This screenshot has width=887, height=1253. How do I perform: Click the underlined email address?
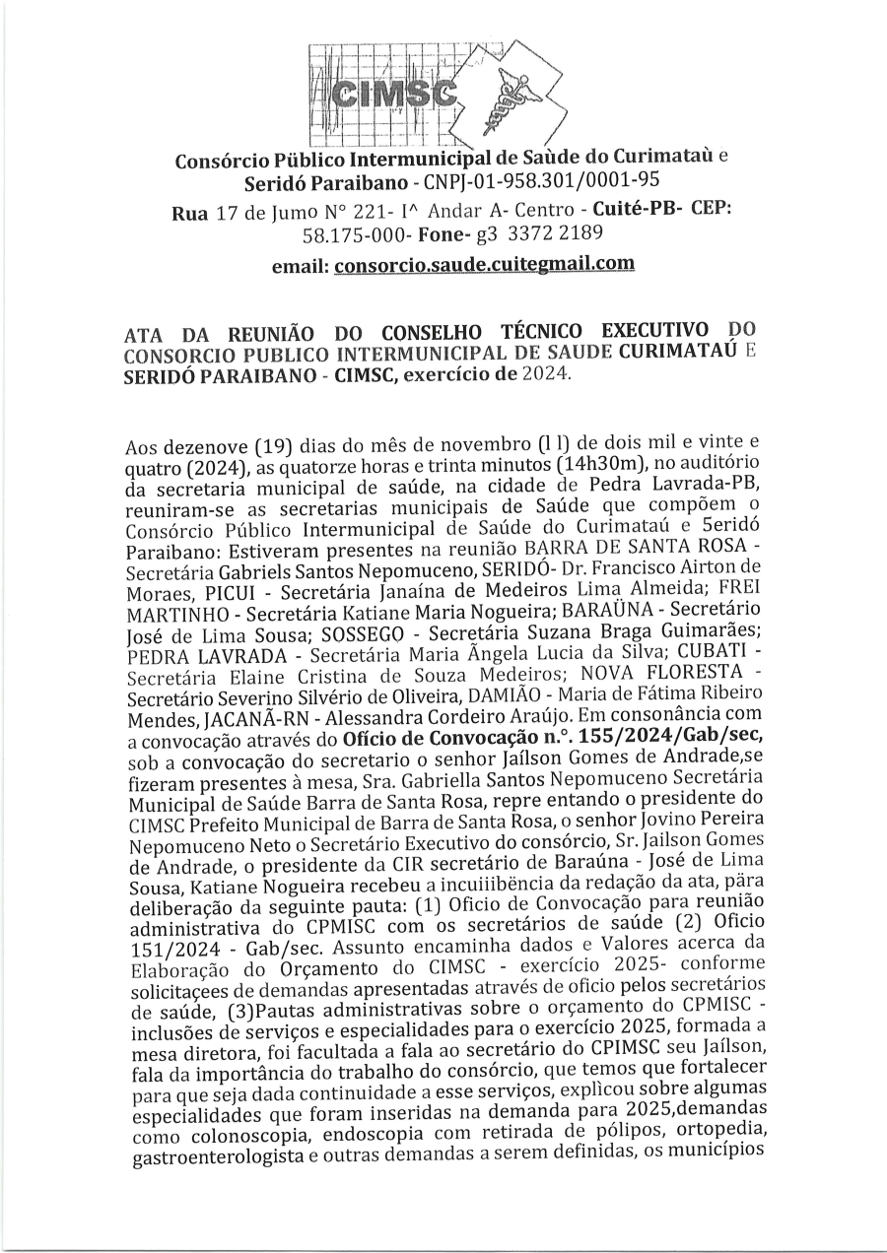coord(484,264)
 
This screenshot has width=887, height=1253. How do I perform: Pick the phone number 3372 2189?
coord(553,234)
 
